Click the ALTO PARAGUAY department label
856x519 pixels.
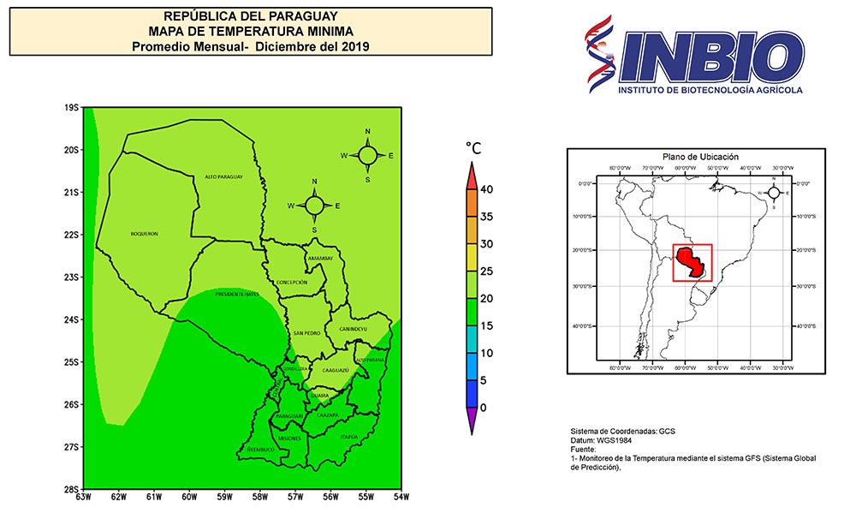pyautogui.click(x=224, y=177)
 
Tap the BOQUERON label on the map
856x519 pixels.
pyautogui.click(x=145, y=234)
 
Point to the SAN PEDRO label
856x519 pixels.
pyautogui.click(x=306, y=332)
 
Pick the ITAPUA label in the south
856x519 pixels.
pyautogui.click(x=348, y=437)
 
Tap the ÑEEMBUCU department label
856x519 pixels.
pyautogui.click(x=259, y=449)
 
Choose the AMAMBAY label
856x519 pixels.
pyautogui.click(x=318, y=257)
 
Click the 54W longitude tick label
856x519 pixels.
pyautogui.click(x=400, y=497)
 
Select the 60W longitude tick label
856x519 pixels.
pyautogui.click(x=189, y=497)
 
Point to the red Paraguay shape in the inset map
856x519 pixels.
pyautogui.click(x=690, y=262)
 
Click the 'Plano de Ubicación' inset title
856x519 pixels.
pyautogui.click(x=701, y=157)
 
